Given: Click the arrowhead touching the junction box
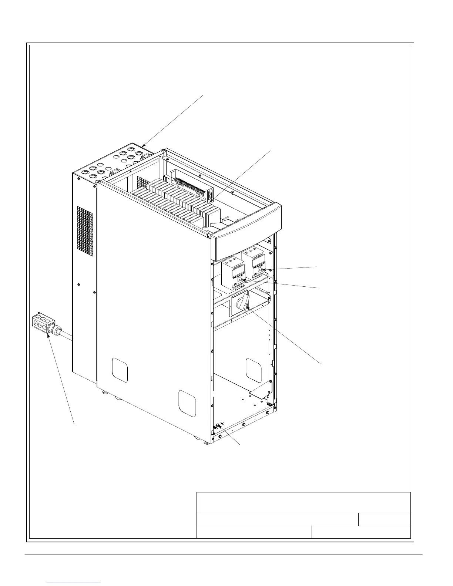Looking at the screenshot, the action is (48, 335).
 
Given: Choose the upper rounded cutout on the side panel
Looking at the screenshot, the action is (120, 370).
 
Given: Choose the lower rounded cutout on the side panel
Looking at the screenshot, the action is (187, 403).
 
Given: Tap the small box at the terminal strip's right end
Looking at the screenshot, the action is (210, 195).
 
